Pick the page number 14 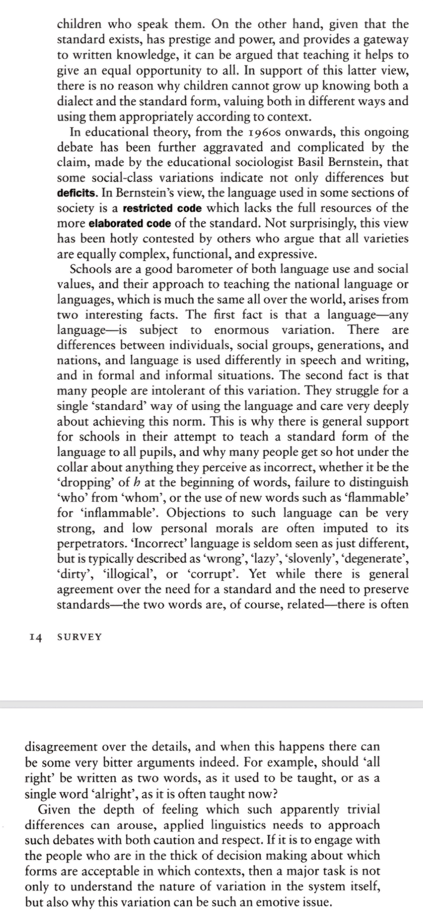pyautogui.click(x=35, y=637)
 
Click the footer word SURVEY pyautogui.click(x=80, y=637)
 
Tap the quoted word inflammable pyautogui.click(x=120, y=513)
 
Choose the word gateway pyautogui.click(x=386, y=40)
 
